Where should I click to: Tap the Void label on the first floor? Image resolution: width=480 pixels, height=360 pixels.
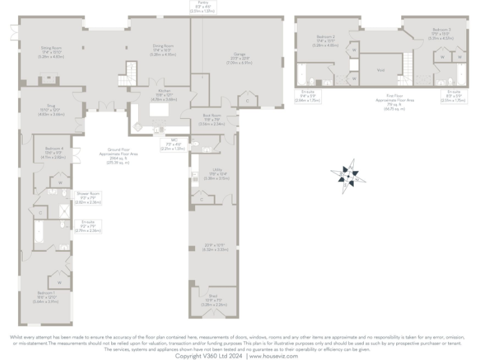pos(381,70)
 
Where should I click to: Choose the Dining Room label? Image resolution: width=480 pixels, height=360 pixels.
pos(163,46)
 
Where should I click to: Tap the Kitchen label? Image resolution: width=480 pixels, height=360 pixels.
pos(156,91)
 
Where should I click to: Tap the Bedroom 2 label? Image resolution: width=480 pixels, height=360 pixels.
pos(326,37)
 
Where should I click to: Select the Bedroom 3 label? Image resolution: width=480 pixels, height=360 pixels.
pos(441,29)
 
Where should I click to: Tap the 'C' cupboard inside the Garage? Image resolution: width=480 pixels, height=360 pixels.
pos(247,101)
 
